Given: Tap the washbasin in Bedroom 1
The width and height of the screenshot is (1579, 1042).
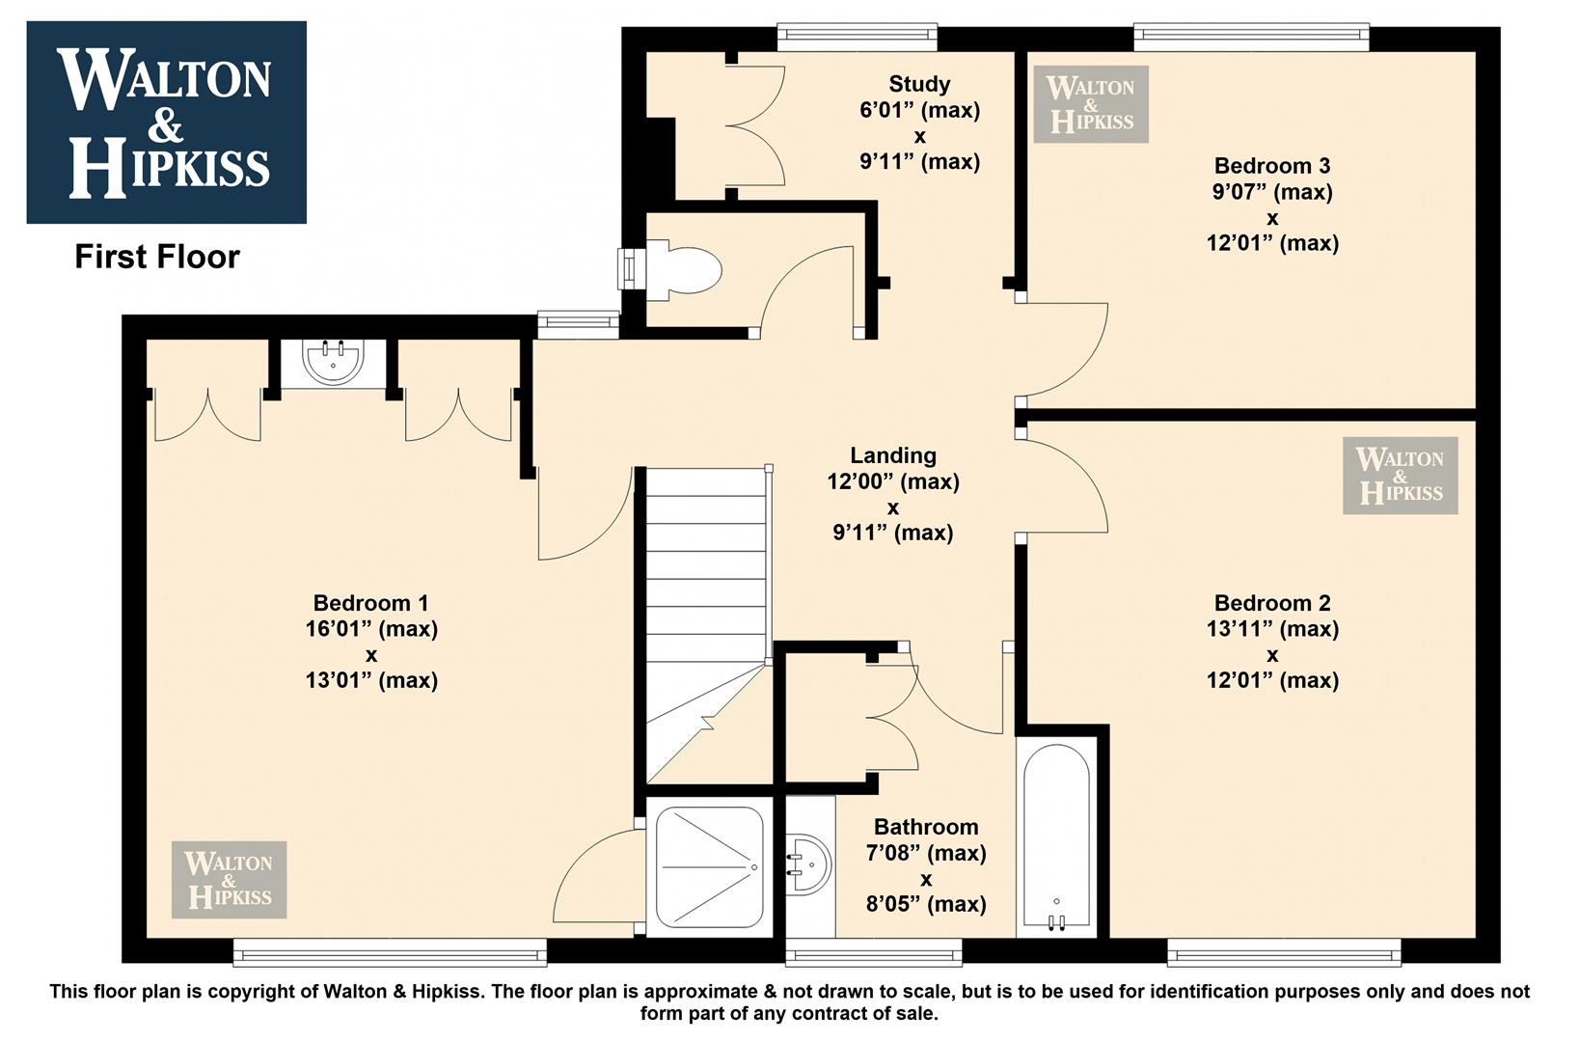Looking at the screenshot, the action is (x=333, y=362).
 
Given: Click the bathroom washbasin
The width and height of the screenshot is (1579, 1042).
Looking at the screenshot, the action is (x=809, y=864).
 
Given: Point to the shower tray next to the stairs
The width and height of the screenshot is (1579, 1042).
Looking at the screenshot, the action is (x=710, y=867).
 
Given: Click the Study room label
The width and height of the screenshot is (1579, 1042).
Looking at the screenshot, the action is (x=919, y=85).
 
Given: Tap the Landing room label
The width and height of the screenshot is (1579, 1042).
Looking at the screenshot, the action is (x=893, y=455).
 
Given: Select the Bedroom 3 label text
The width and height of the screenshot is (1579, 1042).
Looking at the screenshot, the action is (x=1271, y=166).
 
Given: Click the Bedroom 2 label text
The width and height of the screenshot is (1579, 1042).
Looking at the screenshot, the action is (x=1272, y=603).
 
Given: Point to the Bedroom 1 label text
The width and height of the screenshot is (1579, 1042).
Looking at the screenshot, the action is (x=370, y=603).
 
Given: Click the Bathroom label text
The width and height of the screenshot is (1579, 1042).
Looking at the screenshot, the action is (x=926, y=826).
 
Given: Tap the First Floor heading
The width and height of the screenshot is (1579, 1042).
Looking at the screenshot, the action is (x=157, y=257).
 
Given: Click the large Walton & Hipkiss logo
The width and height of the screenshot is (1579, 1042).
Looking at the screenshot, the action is (x=166, y=122).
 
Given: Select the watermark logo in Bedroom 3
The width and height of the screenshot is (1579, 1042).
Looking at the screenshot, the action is (x=1091, y=104).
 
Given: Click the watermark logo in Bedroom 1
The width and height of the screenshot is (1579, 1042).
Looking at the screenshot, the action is (x=230, y=879).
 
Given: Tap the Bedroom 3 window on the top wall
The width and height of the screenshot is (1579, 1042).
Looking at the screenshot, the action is (x=1251, y=38).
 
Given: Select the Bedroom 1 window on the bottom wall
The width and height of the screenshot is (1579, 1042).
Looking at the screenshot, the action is (x=390, y=951).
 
